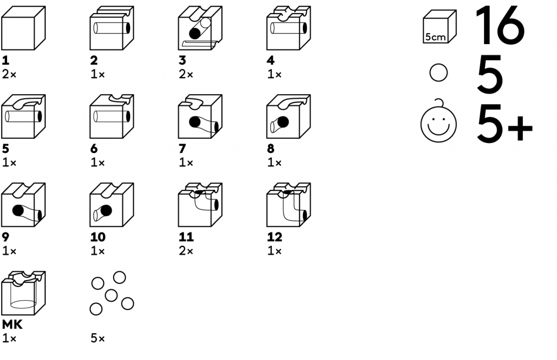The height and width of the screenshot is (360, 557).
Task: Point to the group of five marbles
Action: (111, 294)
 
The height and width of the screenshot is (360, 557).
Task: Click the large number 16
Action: (500, 26)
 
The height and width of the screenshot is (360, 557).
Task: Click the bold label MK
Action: (12, 325)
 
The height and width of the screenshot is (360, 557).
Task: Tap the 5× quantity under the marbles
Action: (97, 339)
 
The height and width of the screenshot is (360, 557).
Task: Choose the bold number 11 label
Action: (186, 237)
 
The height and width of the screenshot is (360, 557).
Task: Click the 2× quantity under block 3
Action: (185, 74)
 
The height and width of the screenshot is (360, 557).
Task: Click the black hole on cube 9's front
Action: (18, 211)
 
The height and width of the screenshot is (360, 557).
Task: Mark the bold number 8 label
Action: (271, 148)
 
